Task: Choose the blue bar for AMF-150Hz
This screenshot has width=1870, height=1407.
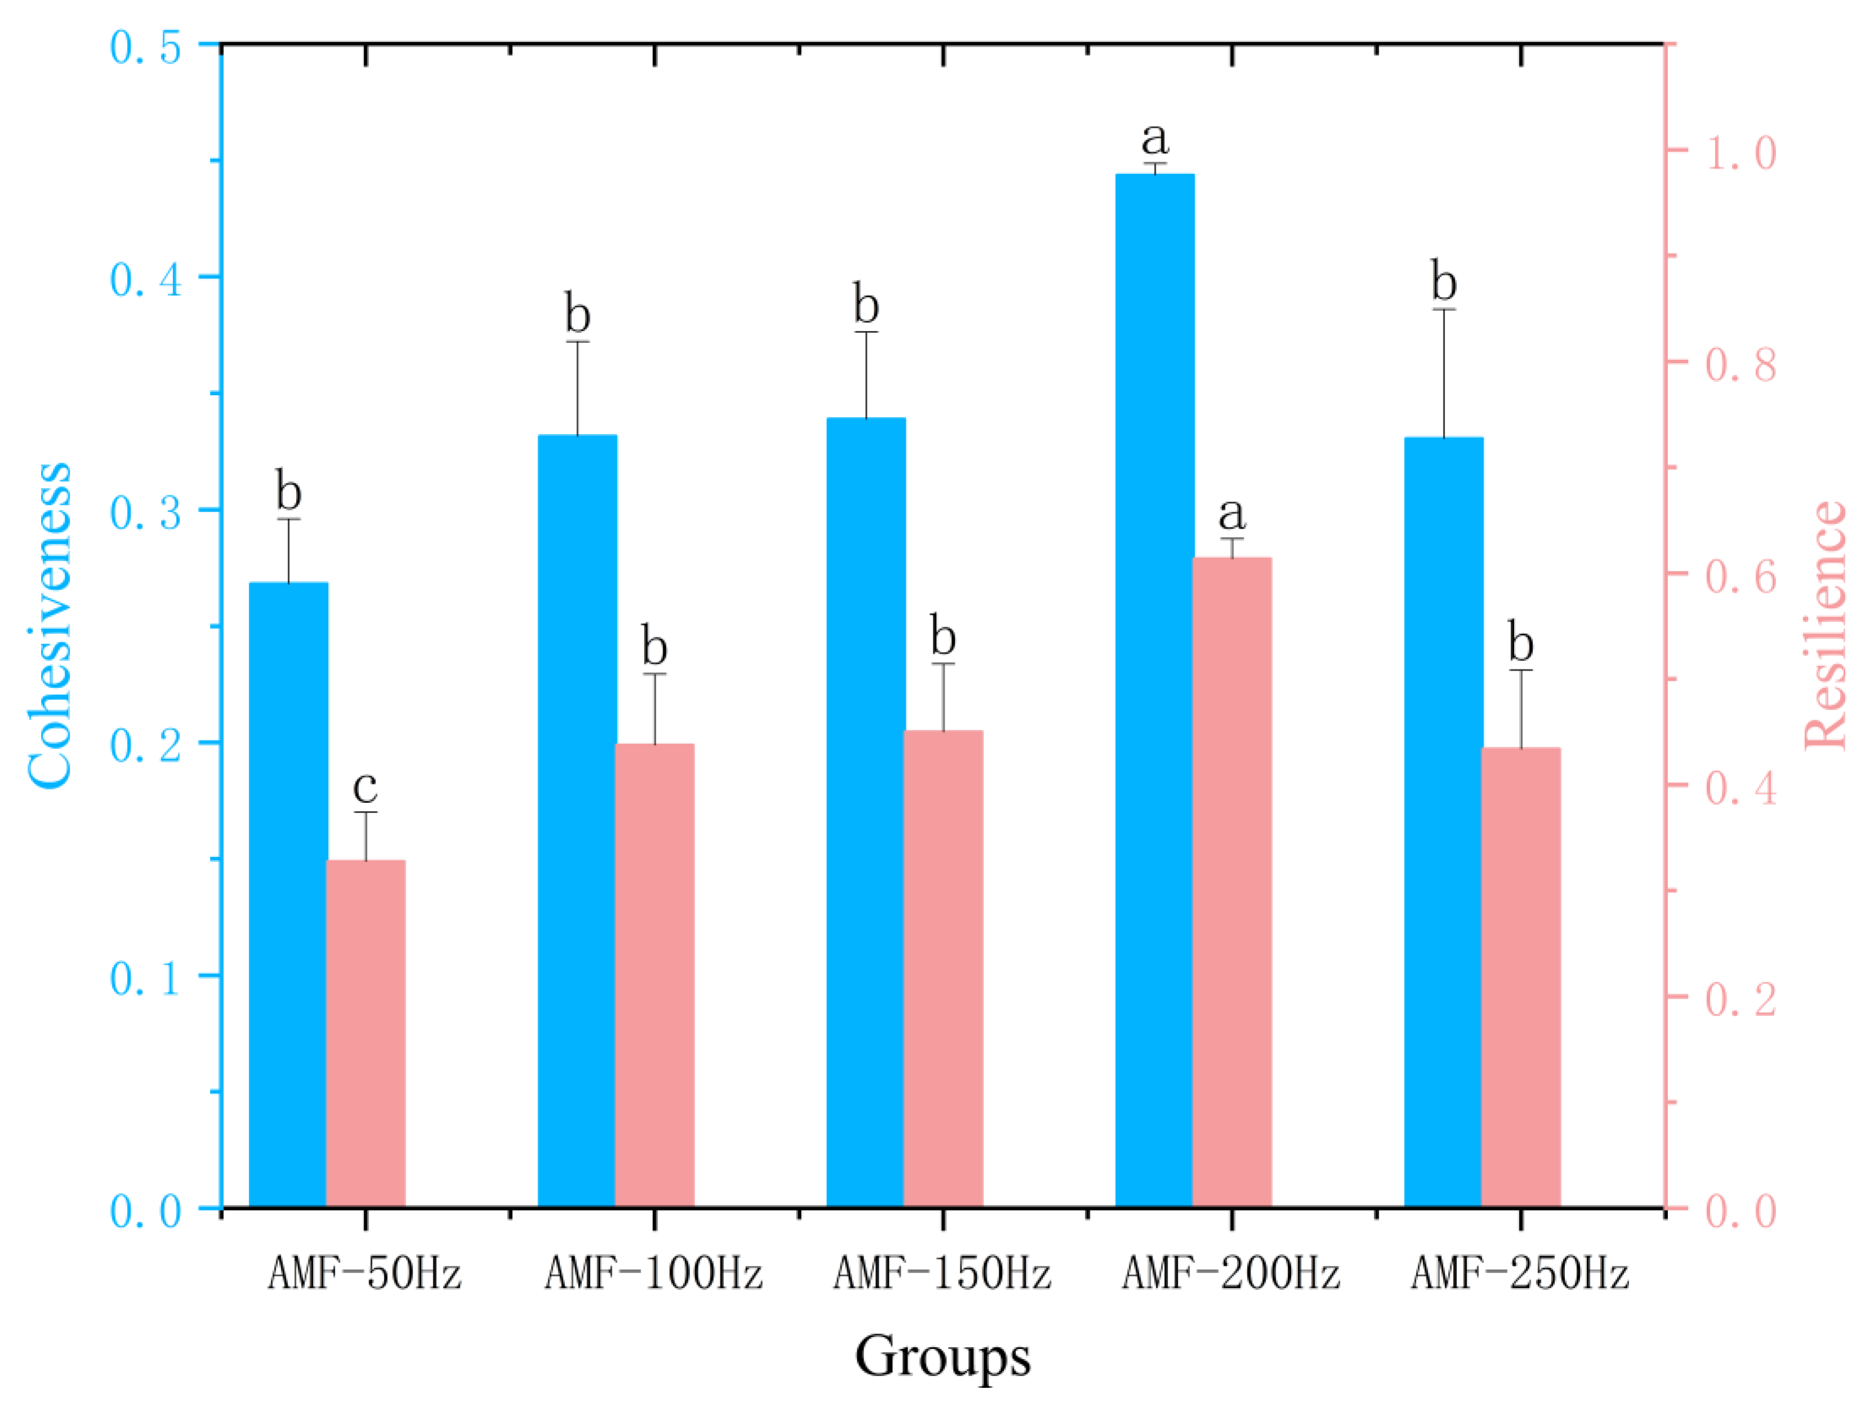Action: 866,812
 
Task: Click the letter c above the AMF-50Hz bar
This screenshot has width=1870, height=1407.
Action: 365,787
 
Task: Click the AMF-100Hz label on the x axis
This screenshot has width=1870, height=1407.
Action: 654,1272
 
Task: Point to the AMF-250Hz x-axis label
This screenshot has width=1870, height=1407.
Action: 1519,1272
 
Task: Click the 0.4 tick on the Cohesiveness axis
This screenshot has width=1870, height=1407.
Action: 145,280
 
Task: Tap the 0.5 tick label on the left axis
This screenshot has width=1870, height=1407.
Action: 145,47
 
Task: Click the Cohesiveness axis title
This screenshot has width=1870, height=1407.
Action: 49,626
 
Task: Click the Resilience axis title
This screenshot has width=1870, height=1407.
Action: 1826,626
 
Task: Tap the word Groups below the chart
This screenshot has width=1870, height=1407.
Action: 943,1356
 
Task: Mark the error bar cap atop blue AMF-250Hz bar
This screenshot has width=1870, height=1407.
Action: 1444,310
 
